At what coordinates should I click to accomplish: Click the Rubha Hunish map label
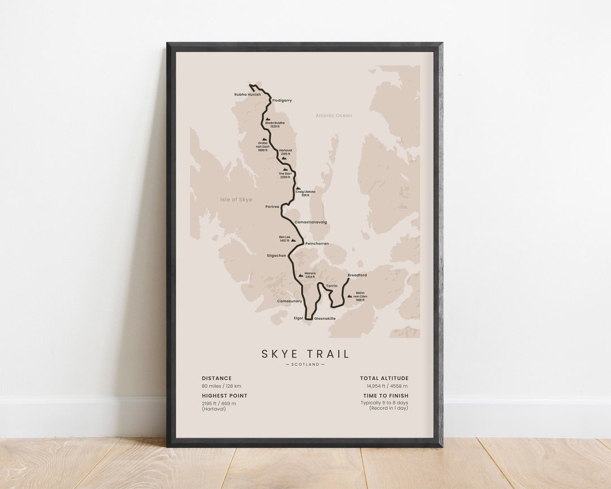click(248, 95)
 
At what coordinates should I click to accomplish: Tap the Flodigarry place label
click(282, 100)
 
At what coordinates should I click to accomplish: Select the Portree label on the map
click(272, 207)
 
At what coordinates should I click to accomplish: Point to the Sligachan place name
click(277, 255)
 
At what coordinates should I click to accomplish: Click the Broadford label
click(357, 275)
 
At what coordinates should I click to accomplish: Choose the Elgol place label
click(299, 318)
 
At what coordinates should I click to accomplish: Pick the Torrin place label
click(332, 286)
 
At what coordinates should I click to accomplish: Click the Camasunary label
click(289, 301)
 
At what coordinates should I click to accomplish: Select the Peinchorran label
click(317, 243)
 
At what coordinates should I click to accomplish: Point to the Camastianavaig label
click(311, 222)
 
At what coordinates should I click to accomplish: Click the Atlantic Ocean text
click(334, 115)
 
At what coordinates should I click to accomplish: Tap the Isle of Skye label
click(236, 200)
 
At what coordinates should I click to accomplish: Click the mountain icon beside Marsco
click(300, 275)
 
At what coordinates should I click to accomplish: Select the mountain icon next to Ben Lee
click(293, 240)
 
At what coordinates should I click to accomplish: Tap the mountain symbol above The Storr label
click(286, 169)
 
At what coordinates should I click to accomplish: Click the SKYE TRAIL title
click(305, 354)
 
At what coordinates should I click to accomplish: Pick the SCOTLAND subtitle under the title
click(305, 364)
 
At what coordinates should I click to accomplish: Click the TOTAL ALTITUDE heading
click(384, 378)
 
